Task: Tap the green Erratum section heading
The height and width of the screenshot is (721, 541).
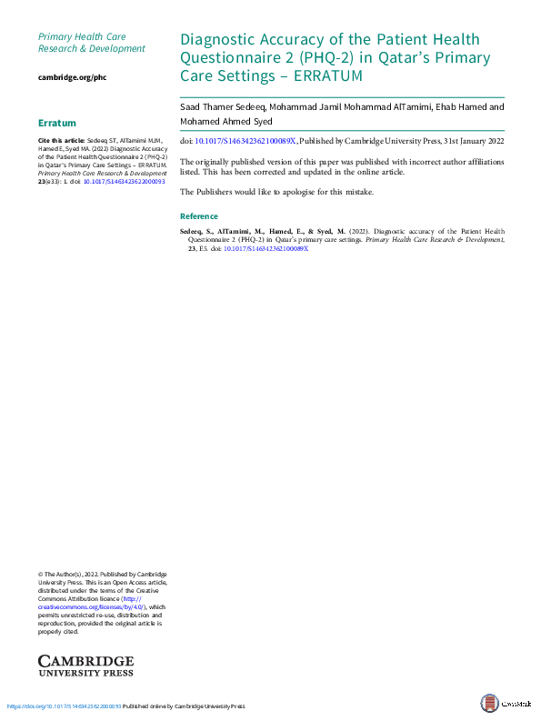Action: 57,123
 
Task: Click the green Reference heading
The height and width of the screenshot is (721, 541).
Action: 199,216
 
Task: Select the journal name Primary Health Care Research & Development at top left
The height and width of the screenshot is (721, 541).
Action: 91,42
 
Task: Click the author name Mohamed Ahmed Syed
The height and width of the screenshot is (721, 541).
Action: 225,121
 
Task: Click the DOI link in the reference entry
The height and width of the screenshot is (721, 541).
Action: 265,248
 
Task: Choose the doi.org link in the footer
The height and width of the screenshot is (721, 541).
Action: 64,706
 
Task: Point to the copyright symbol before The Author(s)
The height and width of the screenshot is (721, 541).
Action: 41,575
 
